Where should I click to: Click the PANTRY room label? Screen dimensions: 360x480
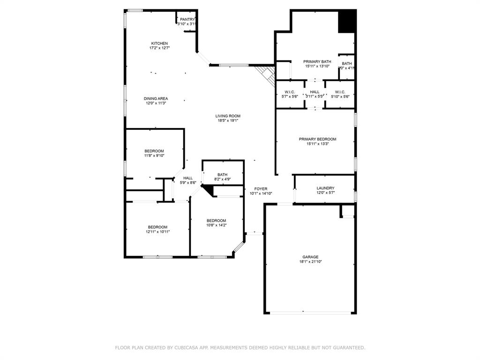point(187,19)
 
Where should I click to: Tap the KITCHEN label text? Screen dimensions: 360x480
point(159,43)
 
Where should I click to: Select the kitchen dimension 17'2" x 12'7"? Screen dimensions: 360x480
point(159,48)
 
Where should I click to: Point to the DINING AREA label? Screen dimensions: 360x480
point(156,98)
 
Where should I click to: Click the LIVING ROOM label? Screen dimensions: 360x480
point(228,116)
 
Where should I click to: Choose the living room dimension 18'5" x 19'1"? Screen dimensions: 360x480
point(228,120)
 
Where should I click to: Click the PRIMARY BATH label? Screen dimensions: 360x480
point(317,61)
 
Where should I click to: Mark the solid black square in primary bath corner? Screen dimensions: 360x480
point(347,22)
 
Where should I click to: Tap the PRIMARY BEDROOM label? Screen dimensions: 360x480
point(317,139)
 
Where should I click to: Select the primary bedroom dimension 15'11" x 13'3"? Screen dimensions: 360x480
point(317,144)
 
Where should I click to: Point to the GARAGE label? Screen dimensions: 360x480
point(310,257)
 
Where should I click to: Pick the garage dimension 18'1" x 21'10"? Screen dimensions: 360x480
point(310,262)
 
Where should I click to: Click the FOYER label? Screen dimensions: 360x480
point(261,188)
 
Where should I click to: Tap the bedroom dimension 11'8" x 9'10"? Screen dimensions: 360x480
point(154,156)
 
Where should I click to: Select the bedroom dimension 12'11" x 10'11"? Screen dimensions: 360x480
point(157,232)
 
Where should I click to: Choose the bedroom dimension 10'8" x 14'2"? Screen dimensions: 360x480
point(216,225)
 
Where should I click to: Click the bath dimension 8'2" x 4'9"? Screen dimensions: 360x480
point(222,179)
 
